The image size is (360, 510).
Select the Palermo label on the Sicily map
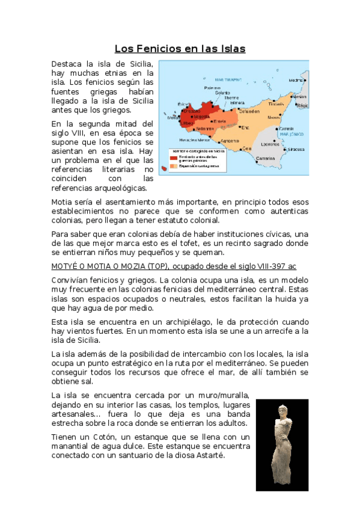tap(212, 88)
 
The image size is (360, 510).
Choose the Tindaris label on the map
tap(276, 104)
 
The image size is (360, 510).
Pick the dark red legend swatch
tap(173, 158)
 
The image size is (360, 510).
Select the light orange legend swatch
tap(173, 165)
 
